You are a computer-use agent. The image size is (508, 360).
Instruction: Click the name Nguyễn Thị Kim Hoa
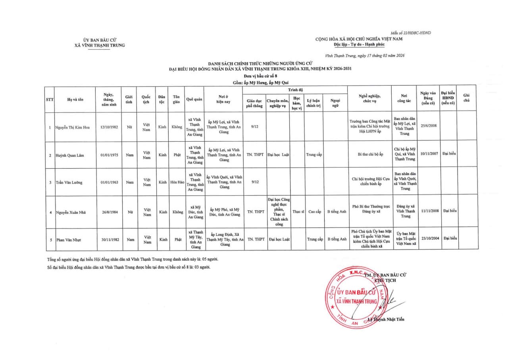[72, 127]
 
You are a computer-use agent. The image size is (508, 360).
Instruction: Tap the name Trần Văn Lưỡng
[69, 183]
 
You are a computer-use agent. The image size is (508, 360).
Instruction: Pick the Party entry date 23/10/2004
[429, 239]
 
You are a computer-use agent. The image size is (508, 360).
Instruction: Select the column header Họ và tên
[75, 100]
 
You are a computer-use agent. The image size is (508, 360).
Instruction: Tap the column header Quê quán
[194, 100]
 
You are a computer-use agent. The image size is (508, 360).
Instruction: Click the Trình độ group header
[295, 90]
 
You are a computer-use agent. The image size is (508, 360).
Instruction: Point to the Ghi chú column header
[466, 98]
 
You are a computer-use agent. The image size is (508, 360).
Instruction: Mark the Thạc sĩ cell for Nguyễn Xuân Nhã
[298, 212]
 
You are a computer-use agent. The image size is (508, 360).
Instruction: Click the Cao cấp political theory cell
[314, 212]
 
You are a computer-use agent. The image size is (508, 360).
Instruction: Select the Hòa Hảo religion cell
[177, 183]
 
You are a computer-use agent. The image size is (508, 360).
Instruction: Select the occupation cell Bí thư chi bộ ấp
[370, 154]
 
